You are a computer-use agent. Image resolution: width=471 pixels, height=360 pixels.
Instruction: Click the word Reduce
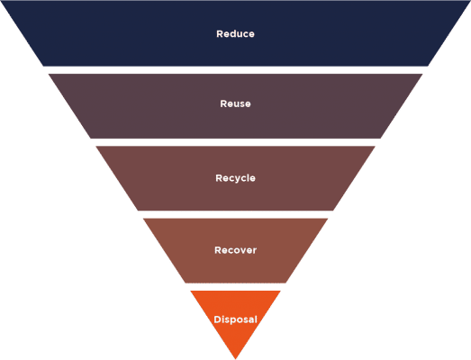tap(235, 33)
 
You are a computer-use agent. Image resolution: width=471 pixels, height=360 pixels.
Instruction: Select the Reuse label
tap(235, 103)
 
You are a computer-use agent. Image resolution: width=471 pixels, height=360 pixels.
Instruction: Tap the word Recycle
tap(235, 178)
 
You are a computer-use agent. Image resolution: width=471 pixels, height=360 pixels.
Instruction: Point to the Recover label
tap(235, 250)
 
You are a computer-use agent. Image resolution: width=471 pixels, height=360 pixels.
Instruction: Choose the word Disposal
tap(235, 319)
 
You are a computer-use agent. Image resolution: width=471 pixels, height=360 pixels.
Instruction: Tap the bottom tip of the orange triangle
tap(236, 359)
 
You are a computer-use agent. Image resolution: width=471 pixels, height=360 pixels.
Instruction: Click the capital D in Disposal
tap(217, 319)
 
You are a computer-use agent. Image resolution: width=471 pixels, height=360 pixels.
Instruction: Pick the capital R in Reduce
tap(220, 33)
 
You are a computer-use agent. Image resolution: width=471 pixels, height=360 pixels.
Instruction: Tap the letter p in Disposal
tap(231, 320)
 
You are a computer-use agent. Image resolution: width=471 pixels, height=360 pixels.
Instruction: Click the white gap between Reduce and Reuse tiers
tap(235, 70)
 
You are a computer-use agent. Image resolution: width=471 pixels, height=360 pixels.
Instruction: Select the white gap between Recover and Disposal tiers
tap(235, 287)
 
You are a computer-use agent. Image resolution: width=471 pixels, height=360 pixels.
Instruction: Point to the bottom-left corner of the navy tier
tap(43, 66)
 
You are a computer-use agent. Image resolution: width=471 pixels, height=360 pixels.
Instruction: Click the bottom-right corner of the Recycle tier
tap(333, 211)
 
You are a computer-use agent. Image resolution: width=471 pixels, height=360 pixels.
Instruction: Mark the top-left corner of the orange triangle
tap(190, 291)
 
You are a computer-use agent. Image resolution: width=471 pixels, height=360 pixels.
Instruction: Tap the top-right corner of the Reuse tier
tap(422, 74)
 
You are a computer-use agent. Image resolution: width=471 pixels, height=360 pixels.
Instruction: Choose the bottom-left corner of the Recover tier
tap(185, 283)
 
